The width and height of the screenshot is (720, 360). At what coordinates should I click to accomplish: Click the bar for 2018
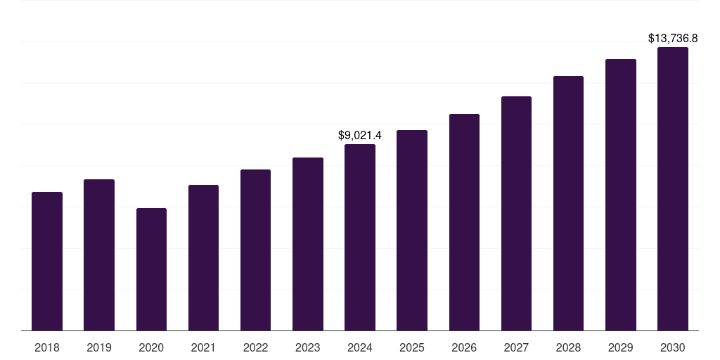47,261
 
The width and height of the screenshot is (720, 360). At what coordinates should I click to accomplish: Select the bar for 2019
99,255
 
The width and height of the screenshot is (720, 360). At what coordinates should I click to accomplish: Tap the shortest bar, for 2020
151,269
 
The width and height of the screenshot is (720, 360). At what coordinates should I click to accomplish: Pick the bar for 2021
203,257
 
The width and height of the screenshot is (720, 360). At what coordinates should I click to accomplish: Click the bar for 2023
308,244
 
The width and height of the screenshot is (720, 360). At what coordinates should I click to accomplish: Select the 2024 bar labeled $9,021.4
360,237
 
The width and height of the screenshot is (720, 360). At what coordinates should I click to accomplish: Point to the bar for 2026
464,222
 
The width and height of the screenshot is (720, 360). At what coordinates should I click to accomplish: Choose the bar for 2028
568,203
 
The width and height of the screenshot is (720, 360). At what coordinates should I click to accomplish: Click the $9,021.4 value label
360,135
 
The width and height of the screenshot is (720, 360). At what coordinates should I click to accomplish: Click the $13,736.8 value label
677,38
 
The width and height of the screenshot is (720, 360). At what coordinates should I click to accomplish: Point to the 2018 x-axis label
47,347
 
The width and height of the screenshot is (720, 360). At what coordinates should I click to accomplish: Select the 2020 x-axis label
151,347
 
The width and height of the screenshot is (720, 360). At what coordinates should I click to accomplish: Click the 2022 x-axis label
255,347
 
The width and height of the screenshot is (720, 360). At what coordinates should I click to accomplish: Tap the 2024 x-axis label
360,347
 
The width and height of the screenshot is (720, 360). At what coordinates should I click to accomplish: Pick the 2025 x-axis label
412,347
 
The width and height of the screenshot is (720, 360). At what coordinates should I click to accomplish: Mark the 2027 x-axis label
516,347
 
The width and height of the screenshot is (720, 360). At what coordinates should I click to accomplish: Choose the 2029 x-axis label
620,347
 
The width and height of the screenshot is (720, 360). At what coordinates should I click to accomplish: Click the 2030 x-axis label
672,347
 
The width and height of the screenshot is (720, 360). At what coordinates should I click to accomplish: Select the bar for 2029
620,195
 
